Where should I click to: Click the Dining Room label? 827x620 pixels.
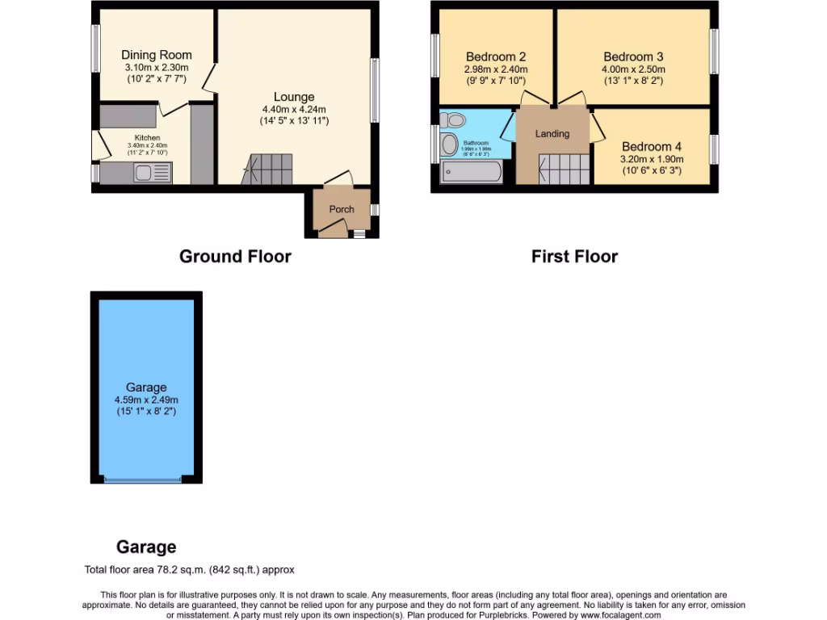coord(157,55)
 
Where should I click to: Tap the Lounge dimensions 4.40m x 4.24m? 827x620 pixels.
coord(293,109)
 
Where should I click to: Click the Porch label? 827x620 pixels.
coord(342,209)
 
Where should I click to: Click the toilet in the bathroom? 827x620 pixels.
coord(455,120)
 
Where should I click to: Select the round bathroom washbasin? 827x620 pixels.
coord(450,145)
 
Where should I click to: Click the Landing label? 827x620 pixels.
coord(552,134)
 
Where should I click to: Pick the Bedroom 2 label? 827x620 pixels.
coord(496,57)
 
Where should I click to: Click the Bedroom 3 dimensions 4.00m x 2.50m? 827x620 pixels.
coord(633,69)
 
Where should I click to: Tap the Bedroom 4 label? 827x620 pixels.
coord(651,147)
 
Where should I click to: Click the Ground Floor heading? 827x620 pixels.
coord(235,257)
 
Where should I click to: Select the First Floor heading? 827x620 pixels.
coord(574,257)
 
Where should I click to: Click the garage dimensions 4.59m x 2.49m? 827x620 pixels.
coord(146,400)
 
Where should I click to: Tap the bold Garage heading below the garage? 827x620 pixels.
coord(146,547)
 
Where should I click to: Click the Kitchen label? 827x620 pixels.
coord(147,138)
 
